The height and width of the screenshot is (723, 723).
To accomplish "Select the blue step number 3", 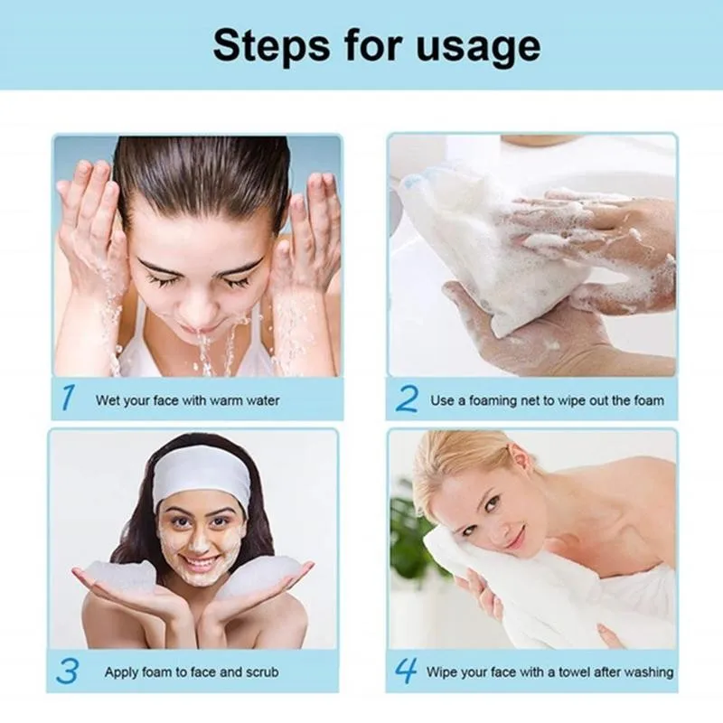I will [x=68, y=671].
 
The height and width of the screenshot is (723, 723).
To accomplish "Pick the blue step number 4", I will [x=406, y=671].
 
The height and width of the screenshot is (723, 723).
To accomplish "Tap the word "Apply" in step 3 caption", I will [x=122, y=672].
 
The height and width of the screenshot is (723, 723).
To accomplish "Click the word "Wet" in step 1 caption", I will [x=108, y=399].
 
